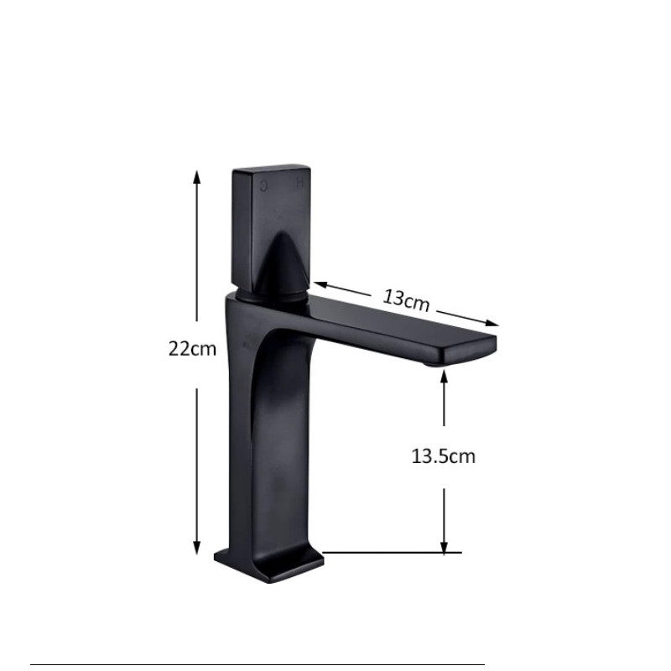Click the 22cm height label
coord(192,349)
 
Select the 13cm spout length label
coord(405,300)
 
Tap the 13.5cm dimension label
coord(444,456)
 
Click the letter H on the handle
coord(300,184)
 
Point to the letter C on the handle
coord(264,185)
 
